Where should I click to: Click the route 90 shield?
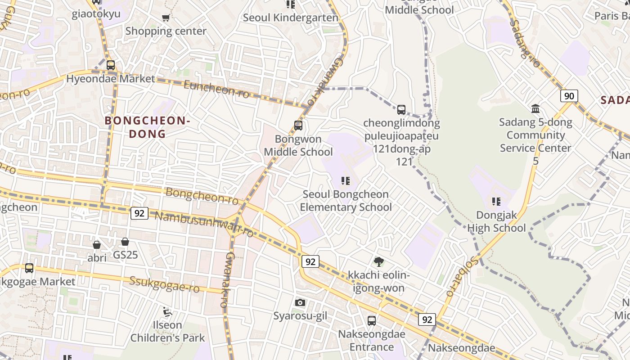click(569, 96)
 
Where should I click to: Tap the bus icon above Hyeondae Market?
click(111, 65)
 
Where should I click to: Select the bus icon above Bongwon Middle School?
click(298, 126)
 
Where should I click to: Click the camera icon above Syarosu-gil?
click(300, 302)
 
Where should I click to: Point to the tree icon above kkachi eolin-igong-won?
click(379, 261)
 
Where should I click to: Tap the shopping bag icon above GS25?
click(125, 242)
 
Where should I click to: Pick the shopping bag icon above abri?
click(97, 245)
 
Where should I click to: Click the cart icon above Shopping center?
click(166, 18)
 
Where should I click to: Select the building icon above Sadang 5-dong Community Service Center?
click(535, 108)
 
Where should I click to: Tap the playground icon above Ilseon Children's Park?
click(167, 311)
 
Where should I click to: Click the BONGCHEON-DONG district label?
click(148, 127)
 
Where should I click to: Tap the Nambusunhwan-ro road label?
click(204, 224)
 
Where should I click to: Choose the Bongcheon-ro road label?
click(202, 196)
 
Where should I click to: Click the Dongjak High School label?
click(496, 221)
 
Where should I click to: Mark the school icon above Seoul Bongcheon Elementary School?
click(346, 181)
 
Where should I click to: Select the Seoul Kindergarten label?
click(290, 18)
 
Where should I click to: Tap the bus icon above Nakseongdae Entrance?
click(372, 321)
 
